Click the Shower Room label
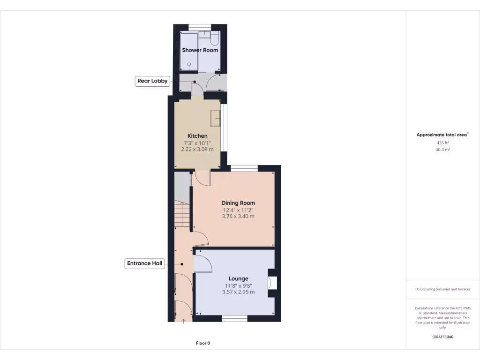click(200, 50)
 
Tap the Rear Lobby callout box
click(152, 81)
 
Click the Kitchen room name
click(197, 136)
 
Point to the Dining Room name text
click(238, 203)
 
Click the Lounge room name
click(238, 278)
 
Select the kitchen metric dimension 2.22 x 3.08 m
click(197, 149)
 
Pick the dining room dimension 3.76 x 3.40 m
click(238, 216)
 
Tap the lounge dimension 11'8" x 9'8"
click(238, 285)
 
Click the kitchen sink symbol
click(216, 118)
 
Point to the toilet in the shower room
click(215, 37)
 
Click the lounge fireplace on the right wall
click(271, 283)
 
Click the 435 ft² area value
click(442, 142)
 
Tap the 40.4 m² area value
click(442, 150)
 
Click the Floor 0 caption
click(203, 343)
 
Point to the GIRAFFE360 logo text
click(442, 337)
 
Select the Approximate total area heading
click(442, 135)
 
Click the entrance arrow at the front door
click(183, 321)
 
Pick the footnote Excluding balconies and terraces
click(442, 289)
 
